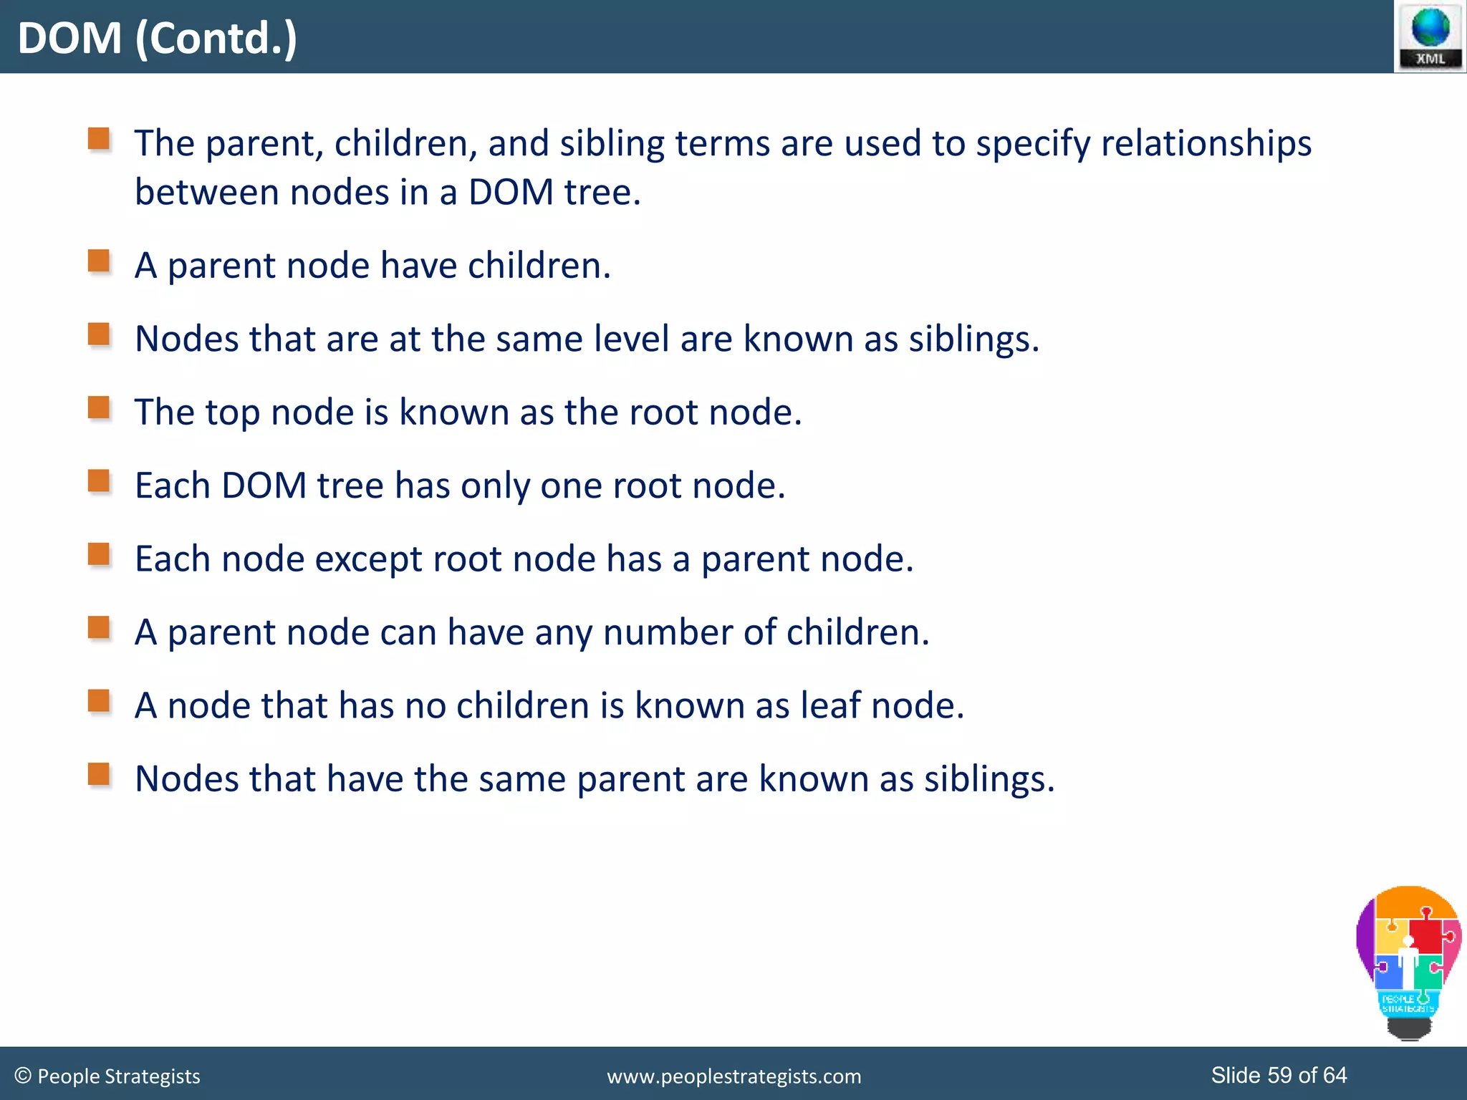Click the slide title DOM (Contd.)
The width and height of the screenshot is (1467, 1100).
pos(157,38)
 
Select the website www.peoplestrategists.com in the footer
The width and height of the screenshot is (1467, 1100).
pos(733,1076)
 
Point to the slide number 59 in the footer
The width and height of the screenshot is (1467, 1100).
pos(1281,1075)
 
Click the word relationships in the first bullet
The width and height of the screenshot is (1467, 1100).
pos(1206,143)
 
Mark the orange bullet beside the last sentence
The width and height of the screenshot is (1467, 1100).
pos(99,774)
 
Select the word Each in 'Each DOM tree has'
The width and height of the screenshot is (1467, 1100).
pos(172,486)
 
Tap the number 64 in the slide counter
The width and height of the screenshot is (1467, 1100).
pos(1334,1075)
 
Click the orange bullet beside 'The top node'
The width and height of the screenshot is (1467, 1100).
pos(99,407)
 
